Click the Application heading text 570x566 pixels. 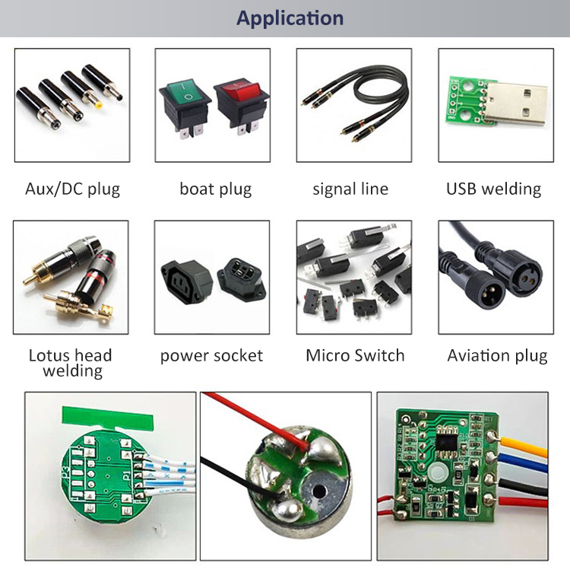point(290,18)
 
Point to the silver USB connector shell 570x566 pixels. point(515,103)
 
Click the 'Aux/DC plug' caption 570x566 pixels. point(73,189)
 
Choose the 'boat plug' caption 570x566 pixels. point(216,189)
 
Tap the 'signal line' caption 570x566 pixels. point(350,189)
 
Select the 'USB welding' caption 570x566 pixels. point(494,189)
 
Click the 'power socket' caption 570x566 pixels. point(211,356)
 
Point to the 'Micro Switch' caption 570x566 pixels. point(355,355)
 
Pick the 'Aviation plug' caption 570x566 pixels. point(497,356)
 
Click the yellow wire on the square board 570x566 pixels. point(524,447)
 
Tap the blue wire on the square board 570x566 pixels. point(524,464)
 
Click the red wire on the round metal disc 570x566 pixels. point(255,418)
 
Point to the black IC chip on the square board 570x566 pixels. point(446,441)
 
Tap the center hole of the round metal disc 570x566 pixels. point(318,491)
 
